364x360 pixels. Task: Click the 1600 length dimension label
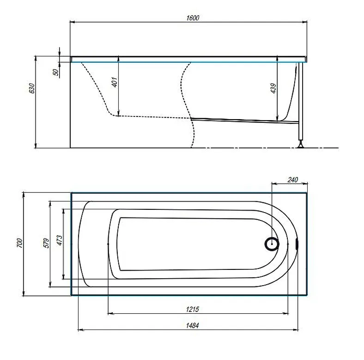pyautogui.click(x=193, y=18)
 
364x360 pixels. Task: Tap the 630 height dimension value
pyautogui.click(x=32, y=88)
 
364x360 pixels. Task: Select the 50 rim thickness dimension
pyautogui.click(x=56, y=72)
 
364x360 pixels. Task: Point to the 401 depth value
pyautogui.click(x=115, y=82)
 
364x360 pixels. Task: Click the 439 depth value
pyautogui.click(x=274, y=88)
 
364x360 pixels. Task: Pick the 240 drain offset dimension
pyautogui.click(x=292, y=179)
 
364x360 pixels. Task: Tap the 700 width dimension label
pyautogui.click(x=19, y=243)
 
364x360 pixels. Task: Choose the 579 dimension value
pyautogui.click(x=47, y=243)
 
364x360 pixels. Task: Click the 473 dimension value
pyautogui.click(x=60, y=240)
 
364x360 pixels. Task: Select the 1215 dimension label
pyautogui.click(x=193, y=309)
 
